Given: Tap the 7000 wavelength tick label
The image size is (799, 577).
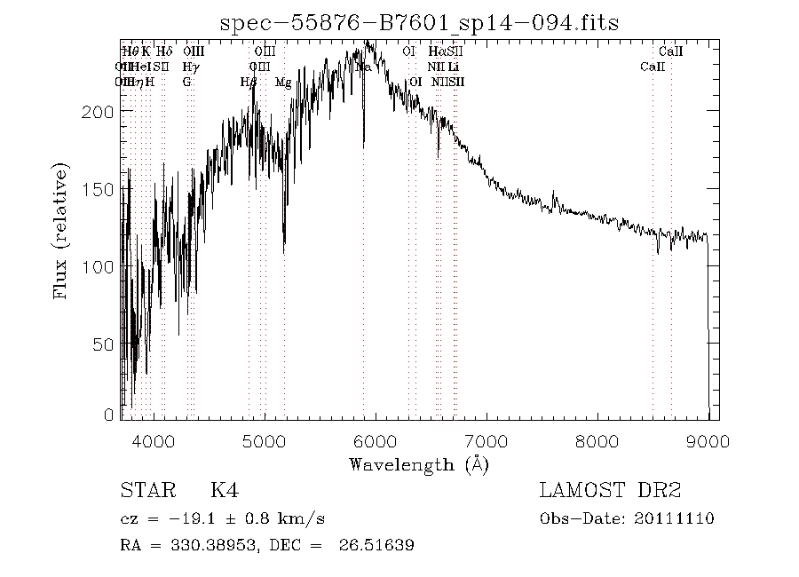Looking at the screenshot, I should point(486,440).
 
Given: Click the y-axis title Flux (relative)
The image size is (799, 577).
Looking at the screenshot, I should point(61,230).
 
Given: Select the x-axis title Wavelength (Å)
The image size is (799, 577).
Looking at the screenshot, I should point(419,464).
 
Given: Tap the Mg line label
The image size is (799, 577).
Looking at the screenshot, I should point(283,82).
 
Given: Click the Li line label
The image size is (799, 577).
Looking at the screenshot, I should point(453,67).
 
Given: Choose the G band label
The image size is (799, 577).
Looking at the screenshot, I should point(186,82).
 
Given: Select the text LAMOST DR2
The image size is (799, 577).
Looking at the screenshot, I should point(610,491).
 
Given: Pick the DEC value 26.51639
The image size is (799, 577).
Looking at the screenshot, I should point(376,545).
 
